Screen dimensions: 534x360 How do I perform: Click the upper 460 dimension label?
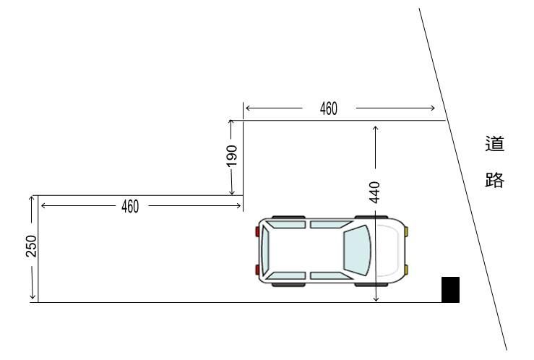point(329,108)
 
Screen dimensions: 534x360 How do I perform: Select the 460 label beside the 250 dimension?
point(130,207)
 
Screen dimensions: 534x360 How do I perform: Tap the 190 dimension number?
point(232,156)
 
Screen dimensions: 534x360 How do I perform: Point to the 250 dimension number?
point(31,246)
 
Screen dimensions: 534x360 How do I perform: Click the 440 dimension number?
point(374,192)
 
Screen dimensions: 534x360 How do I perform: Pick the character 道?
point(494,143)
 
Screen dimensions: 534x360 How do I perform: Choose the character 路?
point(494,180)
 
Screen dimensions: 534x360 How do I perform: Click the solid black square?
point(451,289)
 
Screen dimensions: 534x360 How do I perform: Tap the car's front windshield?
point(357,250)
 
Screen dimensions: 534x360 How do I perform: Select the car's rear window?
point(265,250)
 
